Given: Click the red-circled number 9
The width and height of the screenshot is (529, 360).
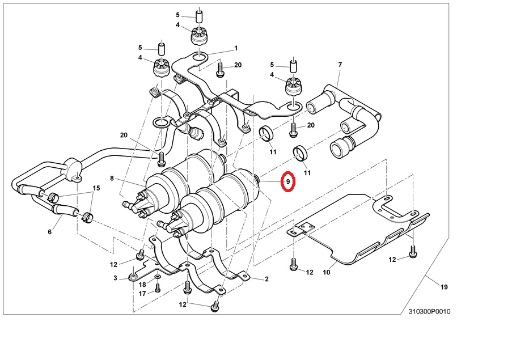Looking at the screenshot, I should [288, 182].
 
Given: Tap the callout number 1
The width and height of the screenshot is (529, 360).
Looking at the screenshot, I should [236, 48].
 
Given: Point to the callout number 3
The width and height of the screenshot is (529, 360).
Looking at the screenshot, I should [115, 278].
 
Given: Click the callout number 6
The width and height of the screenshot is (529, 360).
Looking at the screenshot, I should [50, 232].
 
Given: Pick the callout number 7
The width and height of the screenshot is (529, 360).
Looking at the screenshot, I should [340, 65].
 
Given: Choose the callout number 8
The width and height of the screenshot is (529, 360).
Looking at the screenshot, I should [112, 178].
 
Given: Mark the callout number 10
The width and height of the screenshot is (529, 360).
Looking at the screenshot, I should [327, 272].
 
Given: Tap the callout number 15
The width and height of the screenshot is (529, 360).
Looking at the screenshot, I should [96, 188].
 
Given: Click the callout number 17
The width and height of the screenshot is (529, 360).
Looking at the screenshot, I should [143, 293].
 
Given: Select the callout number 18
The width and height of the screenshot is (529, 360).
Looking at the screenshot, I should [143, 284].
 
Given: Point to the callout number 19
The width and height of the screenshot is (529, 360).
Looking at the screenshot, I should [444, 287].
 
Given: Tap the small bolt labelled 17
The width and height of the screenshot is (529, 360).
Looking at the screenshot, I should [158, 288].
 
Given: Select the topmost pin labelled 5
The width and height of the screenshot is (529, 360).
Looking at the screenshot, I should [199, 15].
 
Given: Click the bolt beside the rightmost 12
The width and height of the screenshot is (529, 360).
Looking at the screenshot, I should [413, 252].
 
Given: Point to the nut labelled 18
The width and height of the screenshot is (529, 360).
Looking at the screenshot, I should [157, 277].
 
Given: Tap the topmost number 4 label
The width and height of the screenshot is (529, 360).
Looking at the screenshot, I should [177, 26].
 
